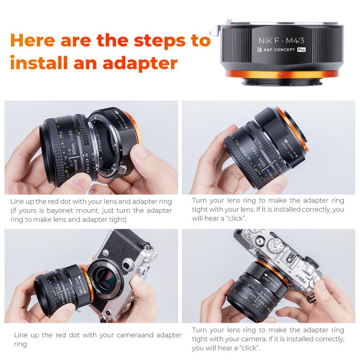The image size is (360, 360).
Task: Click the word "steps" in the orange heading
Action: click(x=149, y=40)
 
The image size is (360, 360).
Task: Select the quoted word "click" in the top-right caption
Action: click(x=235, y=218)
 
